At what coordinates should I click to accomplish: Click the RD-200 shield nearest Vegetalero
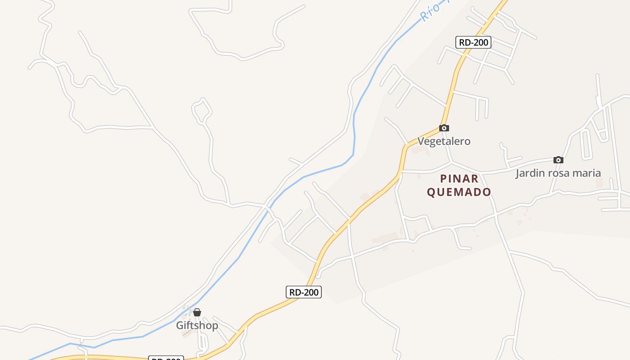[x=473, y=42]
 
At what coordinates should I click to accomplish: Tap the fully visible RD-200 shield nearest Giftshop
[x=304, y=292]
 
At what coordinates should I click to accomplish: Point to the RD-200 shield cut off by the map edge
[x=166, y=358]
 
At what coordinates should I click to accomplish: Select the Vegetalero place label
[x=444, y=141]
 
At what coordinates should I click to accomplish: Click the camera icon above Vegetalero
[x=444, y=128]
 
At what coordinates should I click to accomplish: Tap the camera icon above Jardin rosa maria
[x=558, y=160]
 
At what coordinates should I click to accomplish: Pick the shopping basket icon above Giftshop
[x=197, y=312]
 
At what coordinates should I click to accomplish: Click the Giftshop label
[x=197, y=325]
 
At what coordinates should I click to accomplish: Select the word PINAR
[x=459, y=178]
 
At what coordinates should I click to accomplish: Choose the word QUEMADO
[x=459, y=192]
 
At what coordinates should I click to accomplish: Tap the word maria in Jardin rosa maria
[x=586, y=173]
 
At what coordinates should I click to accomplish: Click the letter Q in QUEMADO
[x=431, y=192]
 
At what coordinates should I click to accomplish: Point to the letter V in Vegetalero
[x=421, y=141]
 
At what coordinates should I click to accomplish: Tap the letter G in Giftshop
[x=180, y=325]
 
